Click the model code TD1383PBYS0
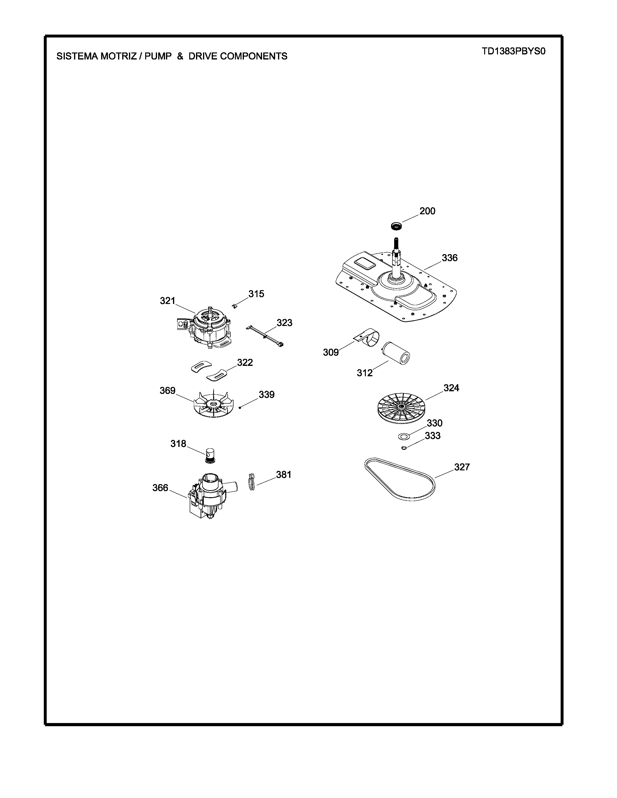(x=513, y=51)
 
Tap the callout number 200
(x=427, y=211)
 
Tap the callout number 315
(x=256, y=294)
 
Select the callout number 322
(x=245, y=362)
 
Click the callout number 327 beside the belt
(x=462, y=467)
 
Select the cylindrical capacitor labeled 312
(x=396, y=354)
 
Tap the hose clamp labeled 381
(x=251, y=482)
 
